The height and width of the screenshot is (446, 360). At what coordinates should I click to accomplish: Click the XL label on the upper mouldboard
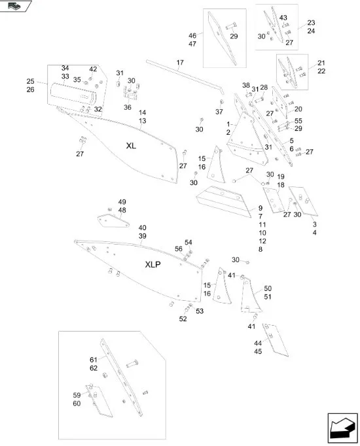click(130, 145)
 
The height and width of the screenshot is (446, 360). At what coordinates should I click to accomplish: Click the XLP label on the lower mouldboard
click(154, 265)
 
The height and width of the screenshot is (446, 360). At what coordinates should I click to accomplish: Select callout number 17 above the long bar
click(180, 63)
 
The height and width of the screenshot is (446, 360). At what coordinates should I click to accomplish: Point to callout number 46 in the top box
click(192, 35)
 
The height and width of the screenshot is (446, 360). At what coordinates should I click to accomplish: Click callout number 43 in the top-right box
click(283, 18)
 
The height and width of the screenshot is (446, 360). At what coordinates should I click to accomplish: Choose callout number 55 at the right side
click(298, 121)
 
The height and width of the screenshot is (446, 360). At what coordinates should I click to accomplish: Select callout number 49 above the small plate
click(122, 201)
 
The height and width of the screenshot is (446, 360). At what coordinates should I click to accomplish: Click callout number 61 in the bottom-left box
click(94, 360)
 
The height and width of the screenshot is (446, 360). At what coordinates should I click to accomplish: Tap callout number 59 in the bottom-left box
click(77, 395)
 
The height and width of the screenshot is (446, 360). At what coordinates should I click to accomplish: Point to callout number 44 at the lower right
click(257, 343)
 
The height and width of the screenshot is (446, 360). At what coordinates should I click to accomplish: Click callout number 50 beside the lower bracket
click(267, 288)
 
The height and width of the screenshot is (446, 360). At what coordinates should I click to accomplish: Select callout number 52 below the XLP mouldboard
click(183, 319)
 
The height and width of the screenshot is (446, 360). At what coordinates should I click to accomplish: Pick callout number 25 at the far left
click(30, 81)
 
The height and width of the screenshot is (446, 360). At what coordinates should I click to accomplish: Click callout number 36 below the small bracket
click(128, 107)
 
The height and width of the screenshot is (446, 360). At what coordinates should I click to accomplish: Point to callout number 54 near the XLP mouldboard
click(189, 242)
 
